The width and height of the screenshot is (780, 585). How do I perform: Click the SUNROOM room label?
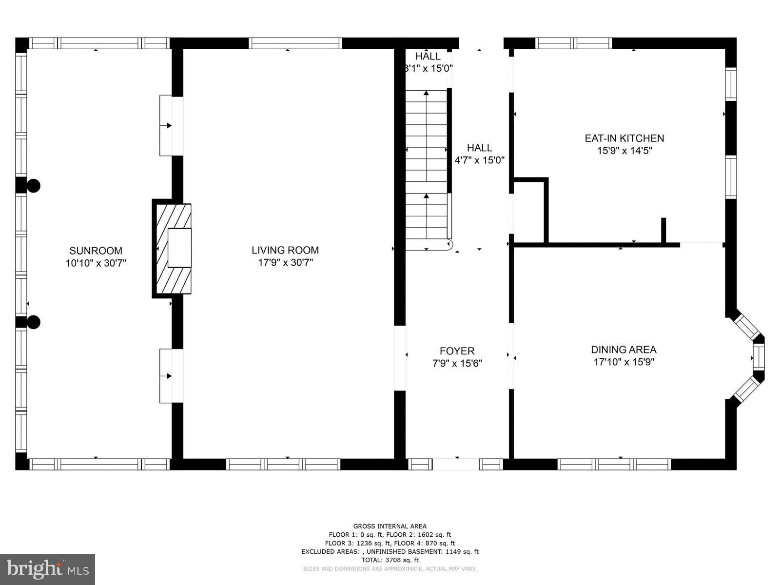pos(96,251)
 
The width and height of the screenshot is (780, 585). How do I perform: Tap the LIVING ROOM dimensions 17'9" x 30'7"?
pos(285,263)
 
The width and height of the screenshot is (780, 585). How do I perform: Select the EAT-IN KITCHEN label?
pos(624,138)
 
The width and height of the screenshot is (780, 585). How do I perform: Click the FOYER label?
pos(457,351)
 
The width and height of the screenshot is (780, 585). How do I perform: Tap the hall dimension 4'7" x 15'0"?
pos(479,159)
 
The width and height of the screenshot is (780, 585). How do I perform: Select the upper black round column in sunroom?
pos(33,185)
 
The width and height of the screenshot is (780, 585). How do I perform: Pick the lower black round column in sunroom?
pos(33,322)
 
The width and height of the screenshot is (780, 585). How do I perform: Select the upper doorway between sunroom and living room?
pos(172,126)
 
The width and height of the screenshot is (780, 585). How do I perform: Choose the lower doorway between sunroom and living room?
pos(172,376)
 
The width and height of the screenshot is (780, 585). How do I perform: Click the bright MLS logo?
pos(47,569)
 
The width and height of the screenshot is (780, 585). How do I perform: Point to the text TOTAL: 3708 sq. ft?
pos(390,560)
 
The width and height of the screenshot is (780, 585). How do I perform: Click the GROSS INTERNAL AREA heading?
pos(390,526)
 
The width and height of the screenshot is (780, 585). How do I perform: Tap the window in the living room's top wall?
pos(295,43)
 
